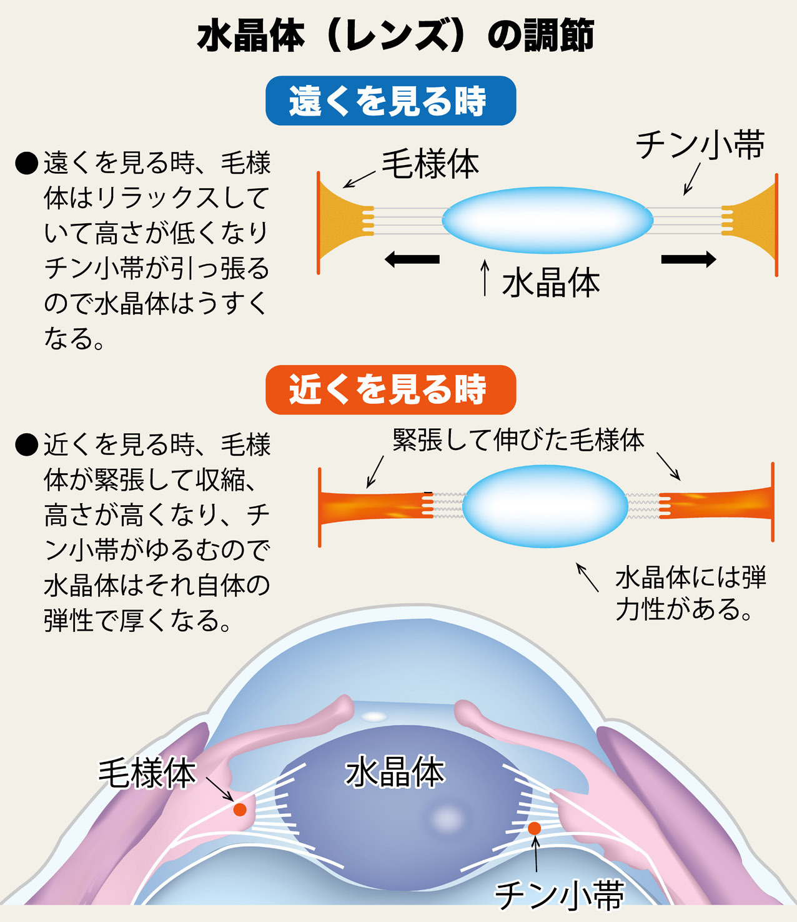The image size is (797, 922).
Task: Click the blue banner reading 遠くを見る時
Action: pyautogui.click(x=390, y=101)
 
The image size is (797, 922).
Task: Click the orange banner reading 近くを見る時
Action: pyautogui.click(x=390, y=390)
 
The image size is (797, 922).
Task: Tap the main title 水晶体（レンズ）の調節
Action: pyautogui.click(x=395, y=36)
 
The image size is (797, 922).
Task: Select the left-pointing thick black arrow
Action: pyautogui.click(x=412, y=259)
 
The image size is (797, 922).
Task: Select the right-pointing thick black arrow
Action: pyautogui.click(x=688, y=259)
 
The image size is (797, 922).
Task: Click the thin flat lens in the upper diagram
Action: pyautogui.click(x=547, y=220)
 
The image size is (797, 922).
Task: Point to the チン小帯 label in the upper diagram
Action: pyautogui.click(x=700, y=146)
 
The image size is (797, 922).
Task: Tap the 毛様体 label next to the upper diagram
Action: pyautogui.click(x=430, y=164)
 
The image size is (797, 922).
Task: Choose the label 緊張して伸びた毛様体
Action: pyautogui.click(x=518, y=440)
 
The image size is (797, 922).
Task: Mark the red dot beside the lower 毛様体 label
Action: pyautogui.click(x=240, y=809)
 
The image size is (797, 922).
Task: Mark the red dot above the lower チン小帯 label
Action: pyautogui.click(x=534, y=828)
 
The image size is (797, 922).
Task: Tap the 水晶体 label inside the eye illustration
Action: pyautogui.click(x=395, y=772)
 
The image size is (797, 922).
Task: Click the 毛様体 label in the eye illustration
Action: pyautogui.click(x=147, y=773)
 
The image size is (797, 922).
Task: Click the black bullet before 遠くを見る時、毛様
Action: pyautogui.click(x=27, y=163)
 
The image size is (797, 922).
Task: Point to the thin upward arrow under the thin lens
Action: pyautogui.click(x=485, y=277)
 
